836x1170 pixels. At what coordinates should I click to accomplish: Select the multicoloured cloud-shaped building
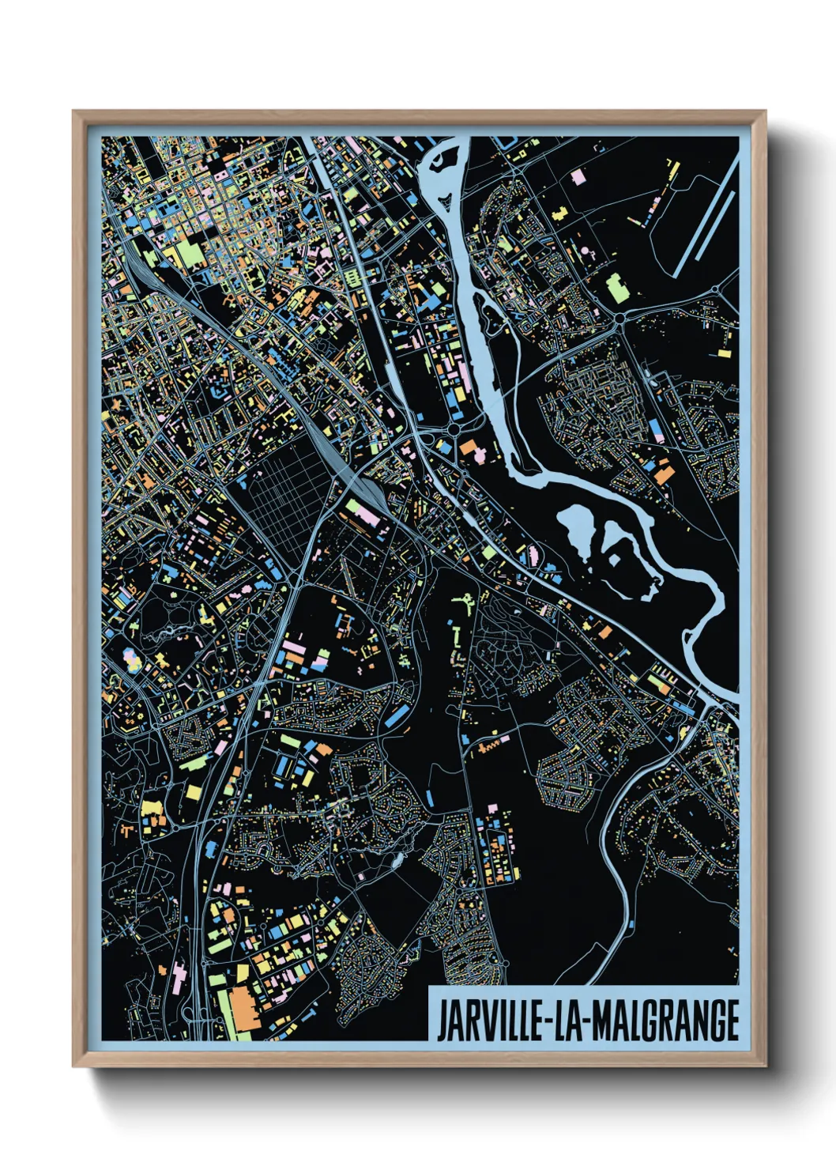(x=130, y=657)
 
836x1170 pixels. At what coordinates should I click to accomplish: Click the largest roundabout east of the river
(x=619, y=318)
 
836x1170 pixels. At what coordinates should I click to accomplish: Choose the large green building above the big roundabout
(x=616, y=288)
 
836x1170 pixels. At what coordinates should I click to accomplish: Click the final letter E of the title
(x=732, y=1021)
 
